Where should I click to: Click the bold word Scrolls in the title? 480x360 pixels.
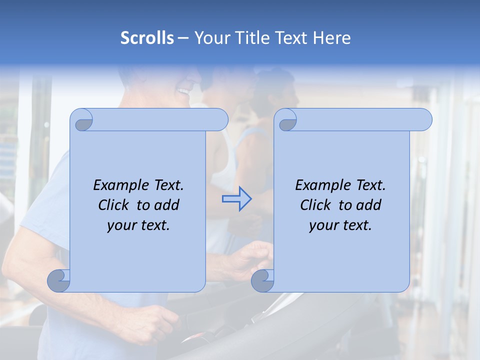point(147,38)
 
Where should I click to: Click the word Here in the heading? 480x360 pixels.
point(331,38)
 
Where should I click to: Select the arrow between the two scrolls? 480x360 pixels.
point(236,199)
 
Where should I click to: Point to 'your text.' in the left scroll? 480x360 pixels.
point(138,225)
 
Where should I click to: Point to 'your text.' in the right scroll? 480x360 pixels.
point(340,225)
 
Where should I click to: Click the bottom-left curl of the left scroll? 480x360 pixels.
point(58,281)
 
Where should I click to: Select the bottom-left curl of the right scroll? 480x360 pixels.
point(262,281)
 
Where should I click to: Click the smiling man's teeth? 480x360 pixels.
point(184,92)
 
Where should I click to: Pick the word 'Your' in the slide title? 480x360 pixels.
point(210,38)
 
